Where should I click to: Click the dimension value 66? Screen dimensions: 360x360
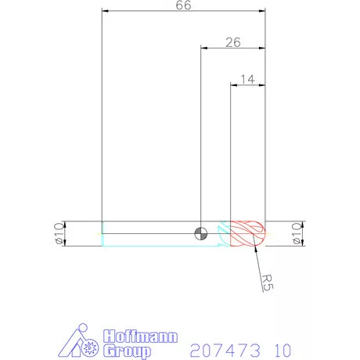point(183,5)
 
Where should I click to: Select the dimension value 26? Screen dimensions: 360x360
point(233,42)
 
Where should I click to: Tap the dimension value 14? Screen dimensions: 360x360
point(247,79)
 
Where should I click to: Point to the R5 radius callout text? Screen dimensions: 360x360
point(267,283)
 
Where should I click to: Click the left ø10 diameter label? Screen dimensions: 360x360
point(59,233)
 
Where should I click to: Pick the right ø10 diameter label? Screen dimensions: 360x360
point(297,233)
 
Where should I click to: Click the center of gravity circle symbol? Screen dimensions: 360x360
point(201,233)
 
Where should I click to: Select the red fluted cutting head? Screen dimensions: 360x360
point(247,233)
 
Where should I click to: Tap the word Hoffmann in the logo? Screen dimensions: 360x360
point(140,337)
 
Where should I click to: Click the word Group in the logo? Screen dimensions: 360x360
point(127,351)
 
